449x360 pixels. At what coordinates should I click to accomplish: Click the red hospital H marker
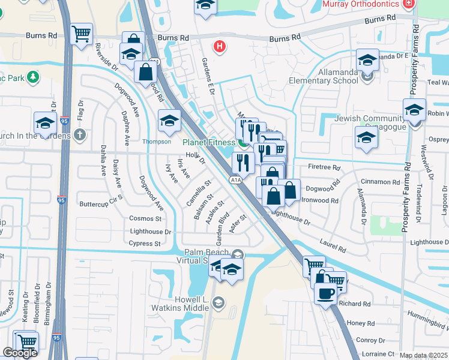[220, 46]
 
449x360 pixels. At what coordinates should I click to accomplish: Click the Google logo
[20, 353]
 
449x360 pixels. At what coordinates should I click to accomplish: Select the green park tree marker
[32, 77]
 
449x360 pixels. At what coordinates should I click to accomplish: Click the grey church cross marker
[80, 135]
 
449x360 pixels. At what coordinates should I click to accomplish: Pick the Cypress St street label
[145, 244]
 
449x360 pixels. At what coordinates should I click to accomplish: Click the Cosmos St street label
[150, 218]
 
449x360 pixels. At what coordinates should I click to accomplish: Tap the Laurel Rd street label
[333, 246]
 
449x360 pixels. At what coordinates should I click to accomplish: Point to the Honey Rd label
[361, 323]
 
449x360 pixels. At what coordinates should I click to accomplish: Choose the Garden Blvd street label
[222, 226]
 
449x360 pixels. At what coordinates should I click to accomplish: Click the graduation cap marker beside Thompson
[169, 122]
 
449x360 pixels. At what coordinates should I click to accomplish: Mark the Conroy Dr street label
[366, 340]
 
